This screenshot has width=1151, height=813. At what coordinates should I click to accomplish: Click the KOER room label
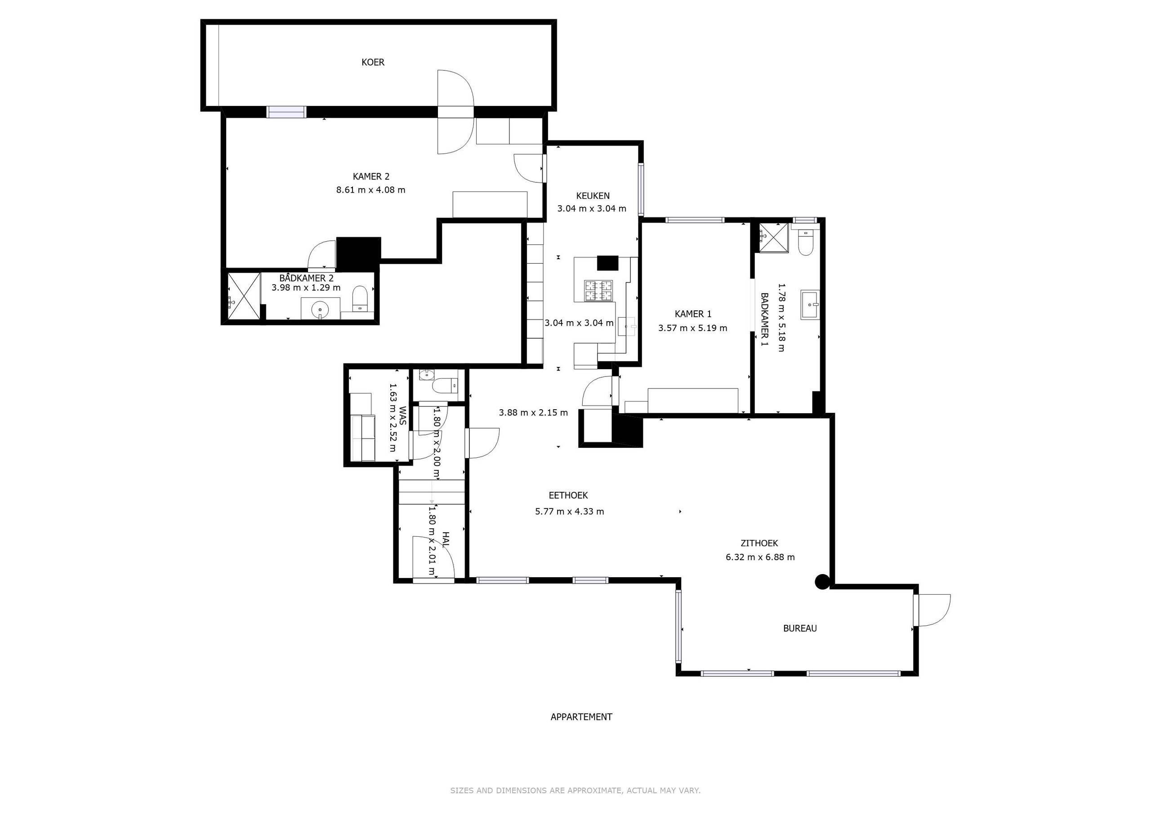tap(373, 62)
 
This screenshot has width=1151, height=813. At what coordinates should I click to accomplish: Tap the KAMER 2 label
tap(371, 177)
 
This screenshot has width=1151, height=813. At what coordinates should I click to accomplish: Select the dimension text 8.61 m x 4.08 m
tap(370, 190)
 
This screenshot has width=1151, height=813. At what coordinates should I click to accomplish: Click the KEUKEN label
tap(593, 196)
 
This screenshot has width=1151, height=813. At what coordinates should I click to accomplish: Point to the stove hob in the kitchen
tap(598, 291)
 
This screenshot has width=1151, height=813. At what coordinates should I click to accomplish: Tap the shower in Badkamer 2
tap(244, 296)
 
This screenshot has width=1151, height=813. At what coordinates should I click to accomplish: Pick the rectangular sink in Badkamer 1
tap(810, 304)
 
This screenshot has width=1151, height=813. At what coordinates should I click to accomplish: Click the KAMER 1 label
tap(693, 314)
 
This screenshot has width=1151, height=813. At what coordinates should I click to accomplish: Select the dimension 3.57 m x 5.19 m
tap(692, 328)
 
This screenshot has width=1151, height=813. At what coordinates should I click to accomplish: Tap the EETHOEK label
tap(568, 495)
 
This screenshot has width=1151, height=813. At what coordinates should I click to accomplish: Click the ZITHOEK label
tap(759, 543)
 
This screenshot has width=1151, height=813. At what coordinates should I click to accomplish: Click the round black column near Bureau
tap(821, 582)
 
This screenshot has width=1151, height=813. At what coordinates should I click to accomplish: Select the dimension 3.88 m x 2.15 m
tap(533, 413)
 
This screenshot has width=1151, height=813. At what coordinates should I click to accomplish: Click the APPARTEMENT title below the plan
tap(581, 717)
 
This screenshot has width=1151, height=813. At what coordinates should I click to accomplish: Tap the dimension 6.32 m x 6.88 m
tap(760, 557)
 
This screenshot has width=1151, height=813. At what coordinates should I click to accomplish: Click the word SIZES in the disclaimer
tap(462, 791)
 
